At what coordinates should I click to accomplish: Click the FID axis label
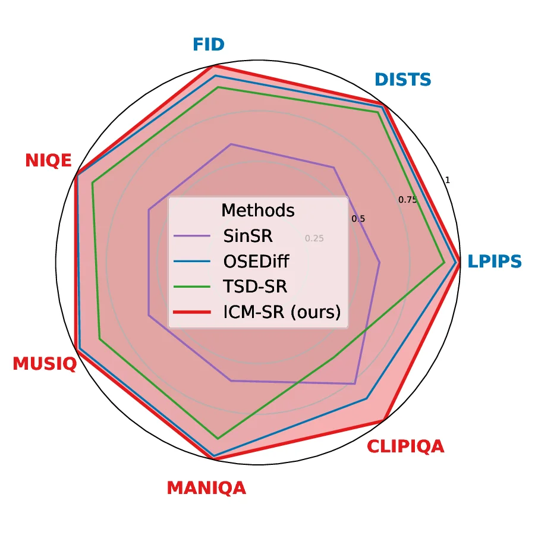(x=209, y=45)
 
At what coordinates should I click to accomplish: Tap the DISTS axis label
(x=402, y=79)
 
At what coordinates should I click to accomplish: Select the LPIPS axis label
(x=494, y=262)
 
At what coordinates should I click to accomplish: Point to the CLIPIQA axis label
(x=405, y=446)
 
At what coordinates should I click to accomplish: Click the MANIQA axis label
(x=206, y=488)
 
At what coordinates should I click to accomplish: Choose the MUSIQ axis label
(x=45, y=363)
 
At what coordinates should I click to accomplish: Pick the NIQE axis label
(x=48, y=160)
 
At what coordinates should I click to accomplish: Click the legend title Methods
(x=257, y=210)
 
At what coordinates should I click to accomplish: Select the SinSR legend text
(x=248, y=236)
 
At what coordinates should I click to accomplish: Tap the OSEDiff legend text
(x=257, y=262)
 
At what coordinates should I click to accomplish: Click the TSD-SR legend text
(x=255, y=287)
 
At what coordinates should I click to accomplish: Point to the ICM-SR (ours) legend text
(x=282, y=312)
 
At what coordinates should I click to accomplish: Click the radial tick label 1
(x=448, y=180)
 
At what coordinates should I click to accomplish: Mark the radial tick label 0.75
(x=408, y=200)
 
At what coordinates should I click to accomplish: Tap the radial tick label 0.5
(x=358, y=219)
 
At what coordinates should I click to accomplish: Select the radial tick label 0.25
(x=314, y=238)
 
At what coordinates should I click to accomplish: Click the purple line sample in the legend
(x=193, y=236)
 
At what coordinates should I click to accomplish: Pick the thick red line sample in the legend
(x=193, y=312)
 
